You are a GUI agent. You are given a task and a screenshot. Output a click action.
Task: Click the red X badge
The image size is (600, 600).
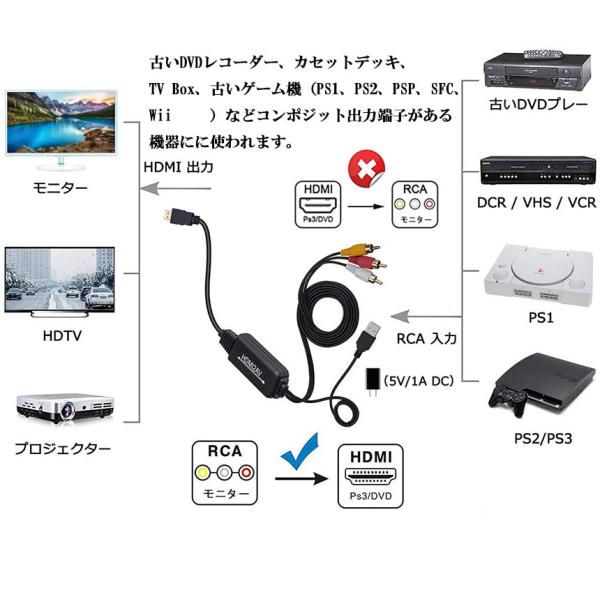pyautogui.click(x=366, y=169)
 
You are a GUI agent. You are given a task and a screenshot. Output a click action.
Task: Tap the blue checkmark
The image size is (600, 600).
pyautogui.click(x=301, y=453)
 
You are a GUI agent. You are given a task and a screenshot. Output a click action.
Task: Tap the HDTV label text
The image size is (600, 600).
pyautogui.click(x=62, y=336)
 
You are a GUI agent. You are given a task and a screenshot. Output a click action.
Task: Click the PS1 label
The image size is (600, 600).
pyautogui.click(x=541, y=318)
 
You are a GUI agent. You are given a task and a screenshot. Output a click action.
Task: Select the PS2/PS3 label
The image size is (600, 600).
pyautogui.click(x=543, y=439)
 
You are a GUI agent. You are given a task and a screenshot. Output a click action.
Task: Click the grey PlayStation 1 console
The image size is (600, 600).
pyautogui.click(x=540, y=275)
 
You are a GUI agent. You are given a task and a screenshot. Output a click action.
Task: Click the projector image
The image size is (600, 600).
pyautogui.click(x=65, y=408)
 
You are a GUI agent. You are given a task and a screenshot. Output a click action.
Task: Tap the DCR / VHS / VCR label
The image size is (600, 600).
pyautogui.click(x=536, y=202)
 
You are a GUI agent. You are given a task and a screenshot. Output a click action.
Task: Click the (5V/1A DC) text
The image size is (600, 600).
pyautogui.click(x=419, y=381)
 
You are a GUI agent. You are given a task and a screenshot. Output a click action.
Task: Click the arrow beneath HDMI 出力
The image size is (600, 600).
pyautogui.click(x=176, y=188)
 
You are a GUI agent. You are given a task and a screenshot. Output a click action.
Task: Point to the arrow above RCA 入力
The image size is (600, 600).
pyautogui.click(x=426, y=316)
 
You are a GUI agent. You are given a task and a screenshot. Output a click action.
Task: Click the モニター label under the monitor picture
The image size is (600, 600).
pyautogui.click(x=60, y=188)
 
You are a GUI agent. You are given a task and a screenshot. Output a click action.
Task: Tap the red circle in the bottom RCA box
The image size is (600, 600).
pyautogui.click(x=246, y=473)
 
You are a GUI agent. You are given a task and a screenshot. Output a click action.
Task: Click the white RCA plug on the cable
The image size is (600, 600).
pyautogui.click(x=364, y=274)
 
